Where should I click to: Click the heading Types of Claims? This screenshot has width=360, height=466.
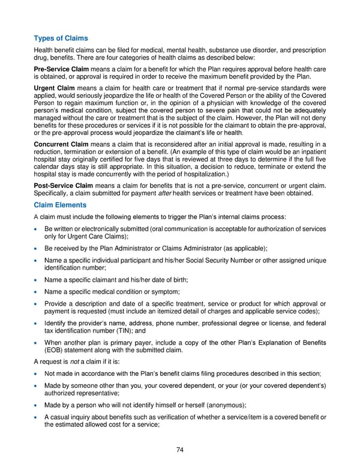[61, 38]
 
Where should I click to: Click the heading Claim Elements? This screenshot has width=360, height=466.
[61, 205]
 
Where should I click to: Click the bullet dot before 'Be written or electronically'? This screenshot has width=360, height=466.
[37, 229]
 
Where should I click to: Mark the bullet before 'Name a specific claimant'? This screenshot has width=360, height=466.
[37, 280]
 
